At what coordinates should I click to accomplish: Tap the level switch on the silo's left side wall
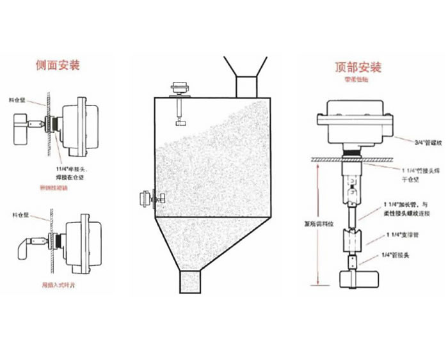pyautogui.click(x=149, y=199)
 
